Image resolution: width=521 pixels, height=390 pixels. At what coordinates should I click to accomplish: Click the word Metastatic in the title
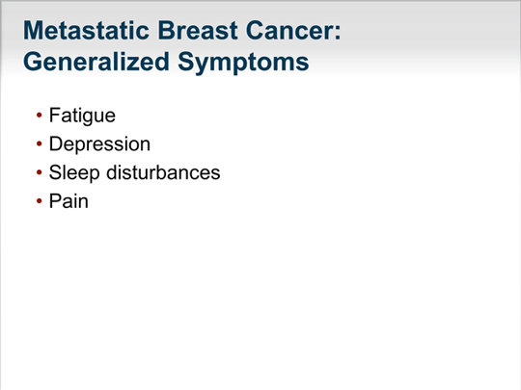[x=86, y=31]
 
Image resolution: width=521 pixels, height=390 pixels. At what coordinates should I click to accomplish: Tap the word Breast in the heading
[x=198, y=31]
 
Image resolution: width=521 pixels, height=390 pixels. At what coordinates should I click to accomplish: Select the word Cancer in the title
[x=289, y=31]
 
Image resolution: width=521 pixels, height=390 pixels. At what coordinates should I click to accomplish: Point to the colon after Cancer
[x=338, y=33]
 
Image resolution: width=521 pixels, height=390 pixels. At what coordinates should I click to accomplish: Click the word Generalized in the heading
[x=96, y=62]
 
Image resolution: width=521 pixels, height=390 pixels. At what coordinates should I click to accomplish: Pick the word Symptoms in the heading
[x=243, y=63]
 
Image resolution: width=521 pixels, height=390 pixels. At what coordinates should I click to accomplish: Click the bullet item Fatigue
[x=82, y=116]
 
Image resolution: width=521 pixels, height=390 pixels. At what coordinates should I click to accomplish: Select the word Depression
[x=99, y=144]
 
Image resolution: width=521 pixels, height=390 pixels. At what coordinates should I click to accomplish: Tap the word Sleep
[x=74, y=173]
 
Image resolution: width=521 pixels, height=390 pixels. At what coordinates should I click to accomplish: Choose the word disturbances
[x=163, y=172]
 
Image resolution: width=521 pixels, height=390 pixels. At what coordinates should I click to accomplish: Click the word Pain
[x=69, y=201]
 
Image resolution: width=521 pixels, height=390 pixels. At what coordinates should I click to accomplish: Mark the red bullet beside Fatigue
[x=40, y=116]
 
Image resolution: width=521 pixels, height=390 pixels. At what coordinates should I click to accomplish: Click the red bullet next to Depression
[x=40, y=143]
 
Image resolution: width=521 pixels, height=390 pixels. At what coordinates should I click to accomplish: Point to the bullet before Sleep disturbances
[x=40, y=172]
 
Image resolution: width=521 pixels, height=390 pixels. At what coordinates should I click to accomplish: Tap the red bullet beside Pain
[x=40, y=200]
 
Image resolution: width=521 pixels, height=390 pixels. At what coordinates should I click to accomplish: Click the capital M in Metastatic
[x=33, y=31]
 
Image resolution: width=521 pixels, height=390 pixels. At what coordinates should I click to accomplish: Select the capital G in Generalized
[x=33, y=62]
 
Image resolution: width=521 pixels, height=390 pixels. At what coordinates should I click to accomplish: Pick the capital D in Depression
[x=56, y=143]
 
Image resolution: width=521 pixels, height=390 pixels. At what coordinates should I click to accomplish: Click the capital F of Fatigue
[x=55, y=116]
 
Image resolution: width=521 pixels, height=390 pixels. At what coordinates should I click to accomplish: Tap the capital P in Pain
[x=56, y=201]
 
